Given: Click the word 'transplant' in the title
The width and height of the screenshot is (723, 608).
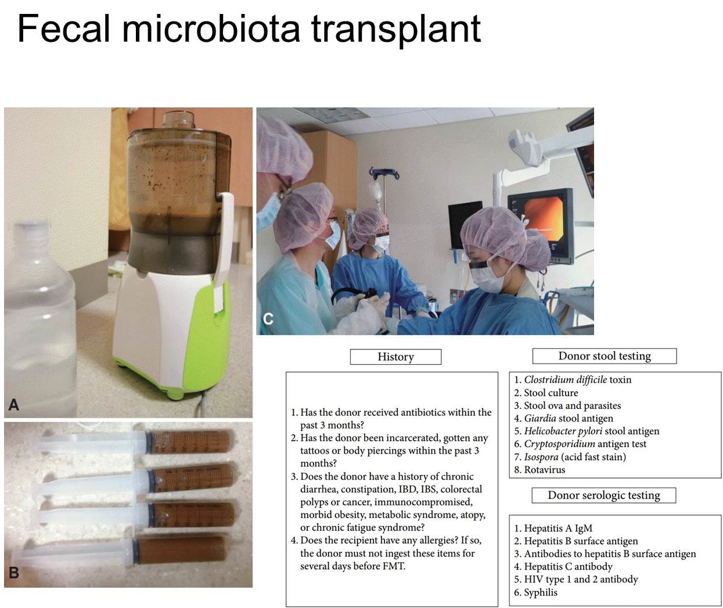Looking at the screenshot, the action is click(396, 30).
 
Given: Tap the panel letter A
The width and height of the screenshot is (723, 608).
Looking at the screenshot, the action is click(14, 404).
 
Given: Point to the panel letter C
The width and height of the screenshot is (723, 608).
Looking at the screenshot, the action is click(268, 319).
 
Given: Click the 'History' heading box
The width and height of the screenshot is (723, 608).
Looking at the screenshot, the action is click(395, 357).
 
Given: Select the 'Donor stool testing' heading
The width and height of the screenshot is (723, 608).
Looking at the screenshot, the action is click(604, 356).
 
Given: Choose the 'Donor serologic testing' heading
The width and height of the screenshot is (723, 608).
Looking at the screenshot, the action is click(603, 495).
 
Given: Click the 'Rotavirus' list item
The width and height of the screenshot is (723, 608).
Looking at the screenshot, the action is click(544, 470).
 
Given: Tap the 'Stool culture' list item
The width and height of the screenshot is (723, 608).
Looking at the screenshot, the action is click(551, 393).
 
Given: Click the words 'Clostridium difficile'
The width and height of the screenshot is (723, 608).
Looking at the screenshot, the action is click(565, 380).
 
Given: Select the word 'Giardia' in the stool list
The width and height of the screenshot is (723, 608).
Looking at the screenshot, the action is click(540, 418).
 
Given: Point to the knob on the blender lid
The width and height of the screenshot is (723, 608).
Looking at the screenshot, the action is click(179, 120).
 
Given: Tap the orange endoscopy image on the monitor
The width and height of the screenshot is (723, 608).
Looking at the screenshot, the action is click(544, 219).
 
